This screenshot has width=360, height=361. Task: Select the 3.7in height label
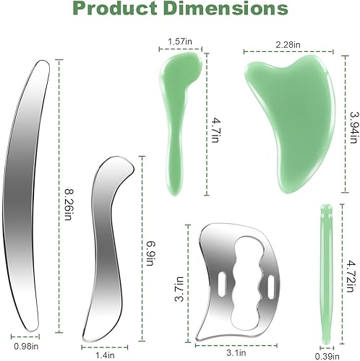coord(188,278)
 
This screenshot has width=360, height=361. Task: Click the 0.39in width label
coord(325,355)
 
